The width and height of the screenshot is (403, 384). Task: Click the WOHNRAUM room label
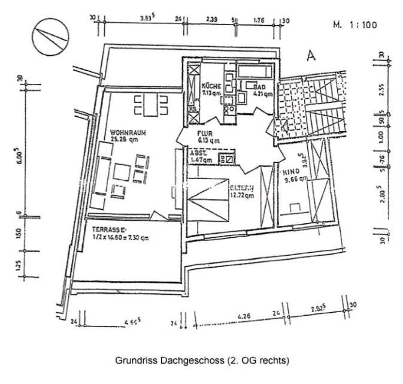coord(128,132)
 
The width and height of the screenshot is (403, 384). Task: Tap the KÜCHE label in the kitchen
coord(211,86)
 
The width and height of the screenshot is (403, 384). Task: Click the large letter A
coord(311,56)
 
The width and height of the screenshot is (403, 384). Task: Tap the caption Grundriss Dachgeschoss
coord(201,361)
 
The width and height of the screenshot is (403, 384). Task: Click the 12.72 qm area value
coord(243,194)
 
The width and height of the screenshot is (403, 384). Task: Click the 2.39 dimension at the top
coord(211,19)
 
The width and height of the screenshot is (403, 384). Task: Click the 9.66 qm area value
coord(295,178)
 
